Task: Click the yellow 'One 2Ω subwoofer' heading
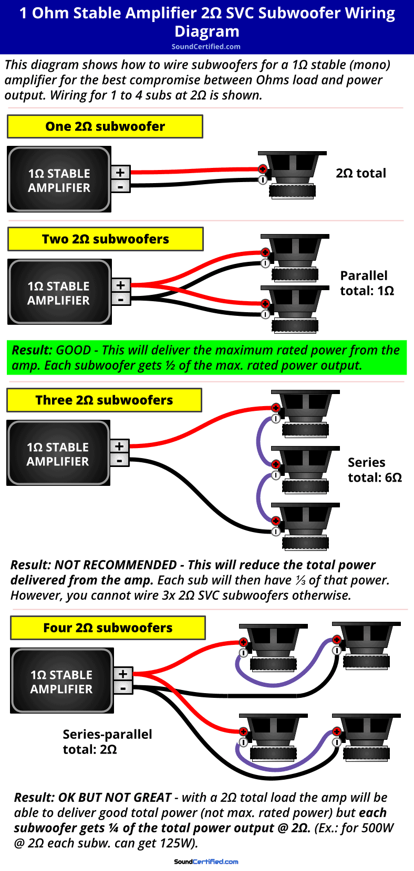[x=105, y=126]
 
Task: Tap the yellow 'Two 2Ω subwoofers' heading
[x=106, y=239]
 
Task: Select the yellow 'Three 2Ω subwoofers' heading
[x=104, y=400]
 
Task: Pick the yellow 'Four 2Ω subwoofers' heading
[x=108, y=628]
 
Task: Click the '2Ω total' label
[x=361, y=173]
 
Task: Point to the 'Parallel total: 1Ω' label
[x=366, y=283]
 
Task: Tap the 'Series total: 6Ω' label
[x=374, y=470]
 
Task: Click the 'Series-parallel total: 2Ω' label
[x=107, y=742]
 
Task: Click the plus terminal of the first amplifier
[x=120, y=172]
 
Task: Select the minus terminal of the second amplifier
[x=121, y=300]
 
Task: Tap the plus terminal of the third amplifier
[x=120, y=446]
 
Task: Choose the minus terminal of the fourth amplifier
[x=123, y=688]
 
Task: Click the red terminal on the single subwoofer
[x=262, y=169]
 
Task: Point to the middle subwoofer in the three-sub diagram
[x=305, y=470]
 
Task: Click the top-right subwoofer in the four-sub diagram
[x=366, y=645]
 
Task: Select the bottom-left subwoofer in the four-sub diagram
[x=273, y=737]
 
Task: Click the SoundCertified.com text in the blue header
[x=206, y=47]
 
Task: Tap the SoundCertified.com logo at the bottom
[x=206, y=862]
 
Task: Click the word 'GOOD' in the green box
[x=74, y=350]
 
